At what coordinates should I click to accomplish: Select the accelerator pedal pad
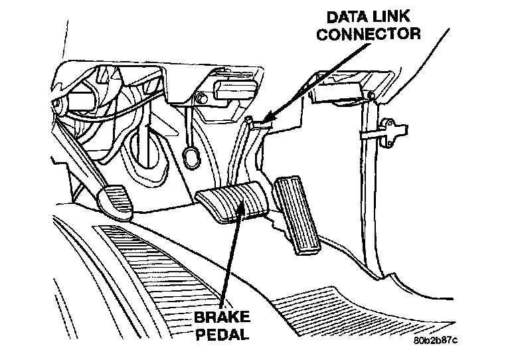pyautogui.click(x=297, y=213)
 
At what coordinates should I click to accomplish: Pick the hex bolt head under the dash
pyautogui.click(x=199, y=100)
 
